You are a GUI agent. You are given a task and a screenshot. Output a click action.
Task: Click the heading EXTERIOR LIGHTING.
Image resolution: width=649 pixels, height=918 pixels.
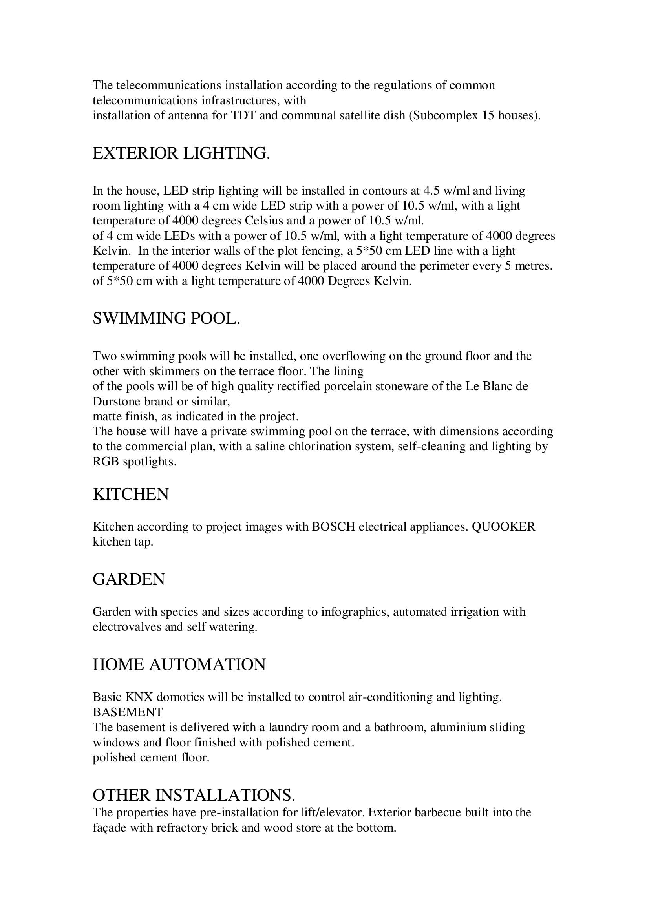point(181,153)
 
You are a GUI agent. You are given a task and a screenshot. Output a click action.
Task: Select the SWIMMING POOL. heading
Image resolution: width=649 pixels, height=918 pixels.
point(166,319)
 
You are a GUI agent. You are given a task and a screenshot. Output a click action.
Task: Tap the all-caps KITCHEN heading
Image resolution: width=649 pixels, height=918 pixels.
point(131,495)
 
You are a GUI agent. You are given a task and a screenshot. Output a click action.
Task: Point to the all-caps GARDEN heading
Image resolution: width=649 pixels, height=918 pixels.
point(129,579)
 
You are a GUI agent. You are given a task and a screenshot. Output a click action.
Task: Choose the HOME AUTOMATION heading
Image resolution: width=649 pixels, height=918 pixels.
point(179,664)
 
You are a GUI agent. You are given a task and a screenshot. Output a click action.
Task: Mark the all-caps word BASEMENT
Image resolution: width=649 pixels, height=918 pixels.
point(128,712)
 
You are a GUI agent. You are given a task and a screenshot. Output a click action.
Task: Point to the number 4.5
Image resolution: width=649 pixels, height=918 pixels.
point(431,191)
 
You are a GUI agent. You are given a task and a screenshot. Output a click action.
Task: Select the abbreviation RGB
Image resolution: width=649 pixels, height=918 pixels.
point(106,462)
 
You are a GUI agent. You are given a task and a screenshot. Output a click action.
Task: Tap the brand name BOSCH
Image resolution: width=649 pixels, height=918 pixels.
point(333,527)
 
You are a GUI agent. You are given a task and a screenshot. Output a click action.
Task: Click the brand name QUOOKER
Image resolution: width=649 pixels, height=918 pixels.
point(503,527)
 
